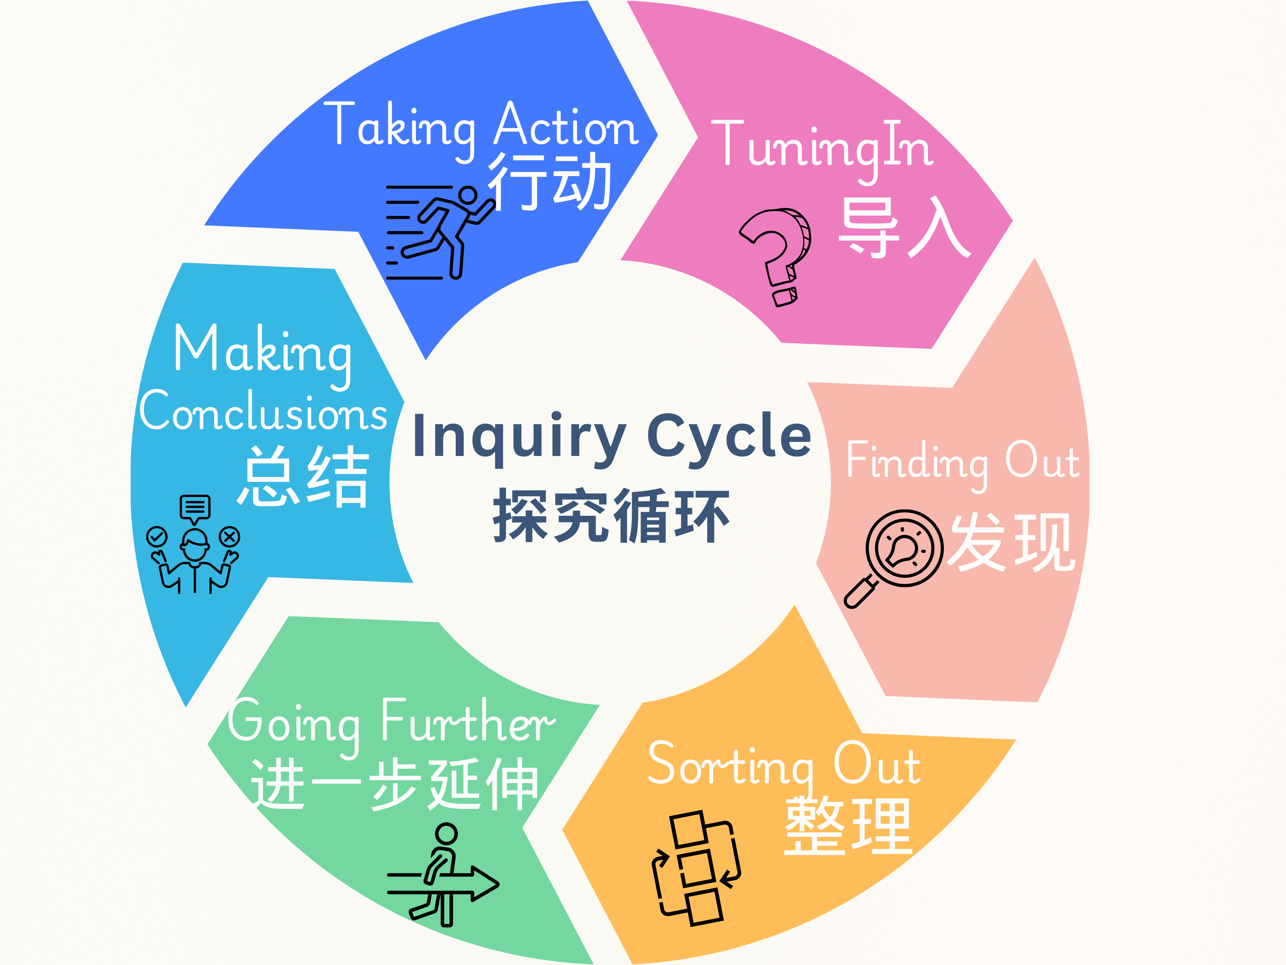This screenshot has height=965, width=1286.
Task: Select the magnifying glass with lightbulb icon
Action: click(894, 559)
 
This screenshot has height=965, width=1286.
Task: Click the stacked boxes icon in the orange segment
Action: click(696, 868)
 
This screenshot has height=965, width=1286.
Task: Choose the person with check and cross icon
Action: click(195, 544)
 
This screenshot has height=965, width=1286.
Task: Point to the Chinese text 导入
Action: click(904, 228)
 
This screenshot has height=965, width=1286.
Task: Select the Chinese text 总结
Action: click(303, 476)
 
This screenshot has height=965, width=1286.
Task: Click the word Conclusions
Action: click(263, 411)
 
